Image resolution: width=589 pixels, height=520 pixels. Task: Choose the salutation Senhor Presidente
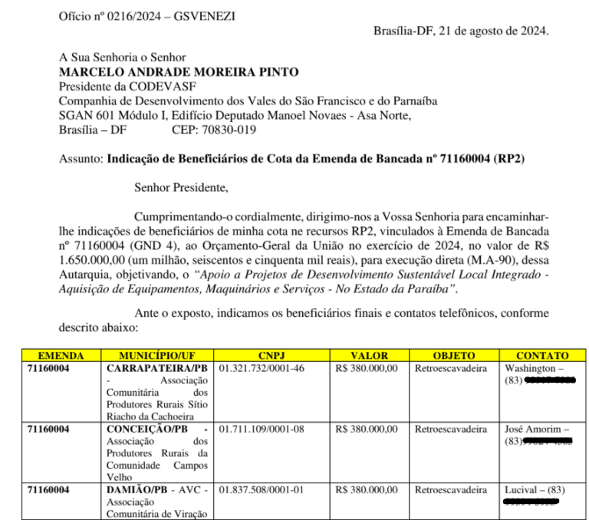point(180,186)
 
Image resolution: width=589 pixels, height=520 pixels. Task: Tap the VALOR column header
point(369,356)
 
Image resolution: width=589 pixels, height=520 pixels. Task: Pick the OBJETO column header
point(453,356)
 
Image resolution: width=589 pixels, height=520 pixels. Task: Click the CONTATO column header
point(541,356)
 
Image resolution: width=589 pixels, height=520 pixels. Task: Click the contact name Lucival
point(524,490)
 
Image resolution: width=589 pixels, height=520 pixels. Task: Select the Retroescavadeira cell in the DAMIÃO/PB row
point(451,490)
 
